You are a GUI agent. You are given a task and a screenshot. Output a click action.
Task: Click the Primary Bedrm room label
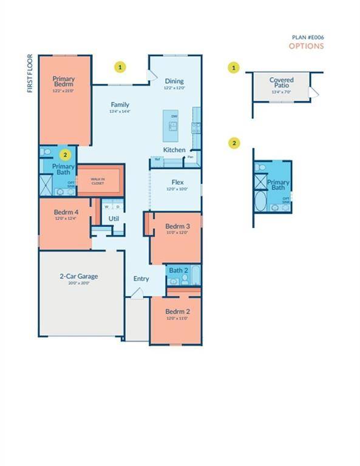[63, 82]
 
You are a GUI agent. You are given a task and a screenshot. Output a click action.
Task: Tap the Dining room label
[174, 81]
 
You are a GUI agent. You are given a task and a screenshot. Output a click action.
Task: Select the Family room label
[120, 104]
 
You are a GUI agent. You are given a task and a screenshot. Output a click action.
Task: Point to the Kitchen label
[174, 150]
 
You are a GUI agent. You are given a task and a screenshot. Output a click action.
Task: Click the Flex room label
[178, 182]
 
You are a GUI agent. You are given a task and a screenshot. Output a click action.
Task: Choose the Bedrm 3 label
[177, 227]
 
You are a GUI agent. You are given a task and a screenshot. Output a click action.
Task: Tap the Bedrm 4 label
[63, 212]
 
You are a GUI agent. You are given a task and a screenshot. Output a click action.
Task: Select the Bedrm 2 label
[177, 312]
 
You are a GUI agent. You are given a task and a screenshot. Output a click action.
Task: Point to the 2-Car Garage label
[78, 277]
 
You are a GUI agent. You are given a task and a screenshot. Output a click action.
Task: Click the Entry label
[141, 279]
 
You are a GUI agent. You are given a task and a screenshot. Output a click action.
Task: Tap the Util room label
[114, 218]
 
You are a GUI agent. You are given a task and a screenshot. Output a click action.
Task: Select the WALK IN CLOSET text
[98, 180]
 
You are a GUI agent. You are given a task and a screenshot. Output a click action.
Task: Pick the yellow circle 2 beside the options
[235, 143]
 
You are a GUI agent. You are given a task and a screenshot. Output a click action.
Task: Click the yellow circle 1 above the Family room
[121, 66]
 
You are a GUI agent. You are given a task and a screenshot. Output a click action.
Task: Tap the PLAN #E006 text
[308, 37]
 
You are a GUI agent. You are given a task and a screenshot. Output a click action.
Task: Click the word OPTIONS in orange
[306, 46]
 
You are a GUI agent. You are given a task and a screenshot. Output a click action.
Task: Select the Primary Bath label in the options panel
[279, 185]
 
